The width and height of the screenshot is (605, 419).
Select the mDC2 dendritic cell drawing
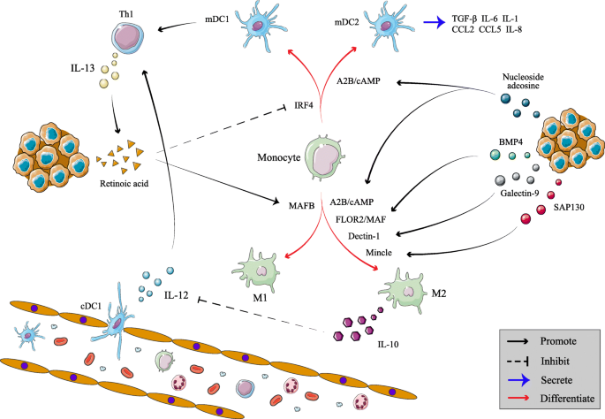(x=386, y=24)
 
